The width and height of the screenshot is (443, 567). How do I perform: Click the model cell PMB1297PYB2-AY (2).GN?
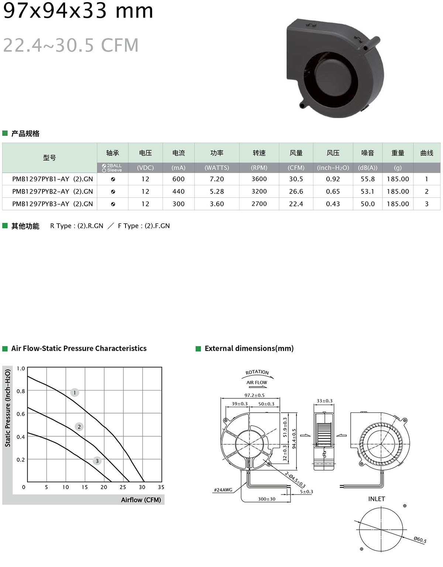(52, 192)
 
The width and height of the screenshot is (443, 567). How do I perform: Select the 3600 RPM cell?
(259, 179)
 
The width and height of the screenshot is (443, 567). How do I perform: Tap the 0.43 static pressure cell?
(333, 204)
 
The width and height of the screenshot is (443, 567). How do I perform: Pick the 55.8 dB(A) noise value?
(368, 179)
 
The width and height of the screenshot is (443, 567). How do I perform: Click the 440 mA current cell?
(178, 192)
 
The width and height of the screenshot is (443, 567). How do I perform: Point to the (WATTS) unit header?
(217, 168)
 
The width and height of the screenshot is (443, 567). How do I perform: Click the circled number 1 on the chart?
(75, 392)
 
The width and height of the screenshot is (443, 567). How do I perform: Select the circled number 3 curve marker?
(97, 461)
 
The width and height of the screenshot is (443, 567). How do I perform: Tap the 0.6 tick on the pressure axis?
(21, 414)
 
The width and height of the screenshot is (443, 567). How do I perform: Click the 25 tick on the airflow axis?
(123, 487)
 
